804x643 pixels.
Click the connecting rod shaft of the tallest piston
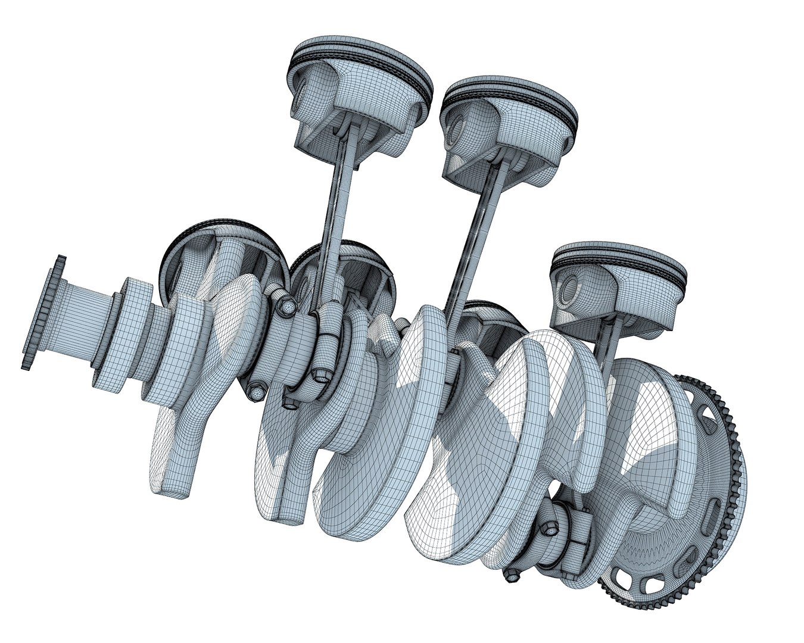coord(336,208)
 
